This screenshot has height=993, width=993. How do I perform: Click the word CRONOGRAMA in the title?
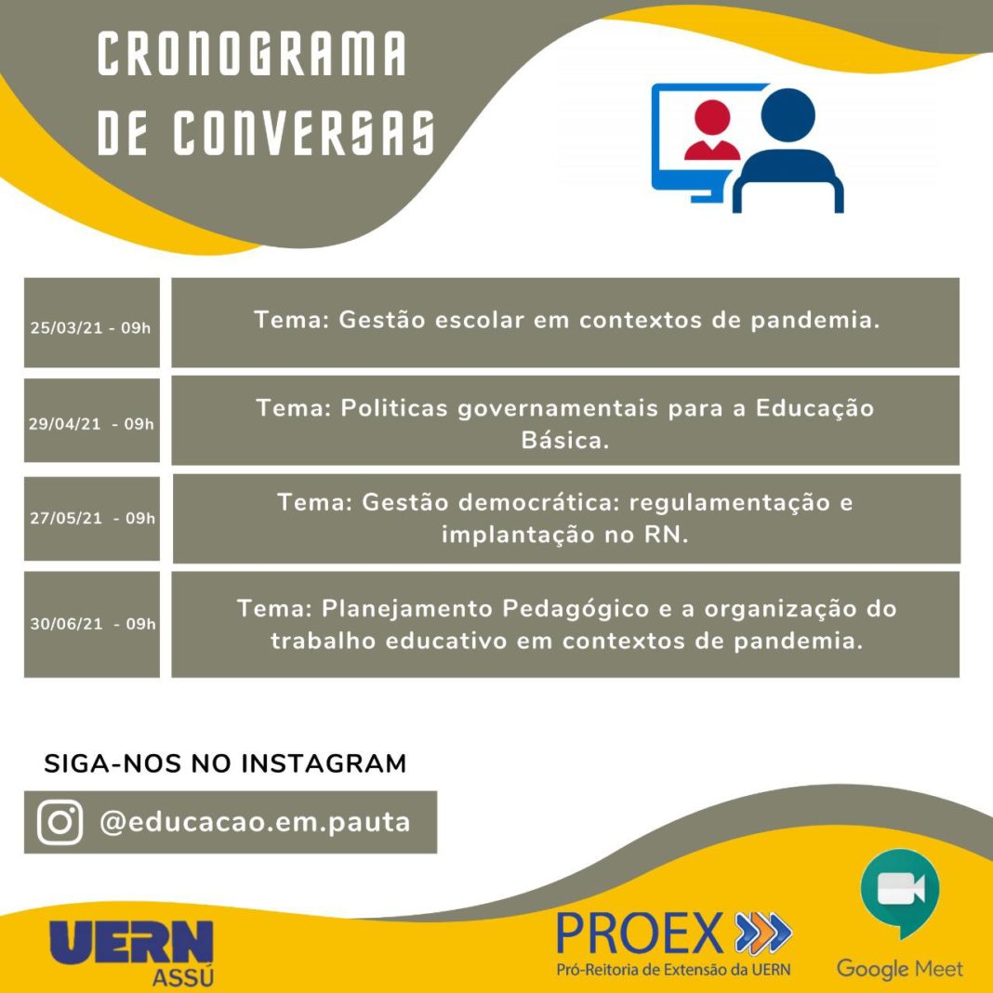[251, 54]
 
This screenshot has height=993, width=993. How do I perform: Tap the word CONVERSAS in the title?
[304, 132]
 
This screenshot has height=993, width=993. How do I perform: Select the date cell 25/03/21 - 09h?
[91, 323]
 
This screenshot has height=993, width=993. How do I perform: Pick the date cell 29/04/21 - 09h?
[91, 420]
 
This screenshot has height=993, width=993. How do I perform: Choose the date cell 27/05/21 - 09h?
[91, 519]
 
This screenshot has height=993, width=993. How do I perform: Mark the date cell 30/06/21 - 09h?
[91, 625]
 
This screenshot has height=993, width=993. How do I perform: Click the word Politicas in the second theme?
[394, 408]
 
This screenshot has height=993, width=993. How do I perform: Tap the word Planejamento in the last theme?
[406, 609]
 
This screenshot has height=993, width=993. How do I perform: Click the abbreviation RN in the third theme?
[661, 536]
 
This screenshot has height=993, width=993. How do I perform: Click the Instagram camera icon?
[60, 822]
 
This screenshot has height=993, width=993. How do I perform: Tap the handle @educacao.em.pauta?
[255, 822]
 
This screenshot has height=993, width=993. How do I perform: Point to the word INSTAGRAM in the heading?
[324, 763]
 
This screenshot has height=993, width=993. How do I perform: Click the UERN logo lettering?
[132, 943]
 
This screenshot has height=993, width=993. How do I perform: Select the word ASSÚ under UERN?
[183, 977]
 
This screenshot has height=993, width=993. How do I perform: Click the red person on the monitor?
[712, 130]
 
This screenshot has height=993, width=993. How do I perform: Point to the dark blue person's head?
[788, 115]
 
